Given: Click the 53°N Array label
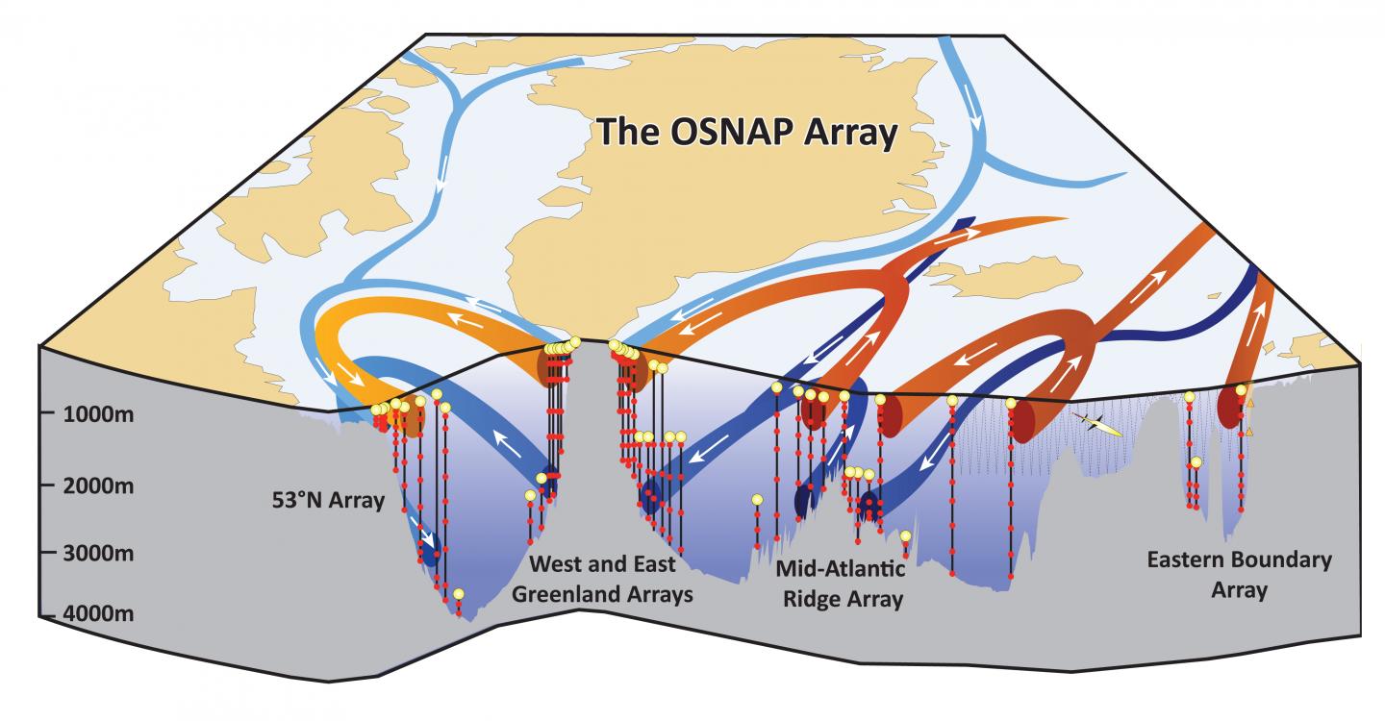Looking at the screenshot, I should [x=327, y=501].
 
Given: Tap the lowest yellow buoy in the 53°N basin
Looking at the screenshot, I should [x=459, y=594].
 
